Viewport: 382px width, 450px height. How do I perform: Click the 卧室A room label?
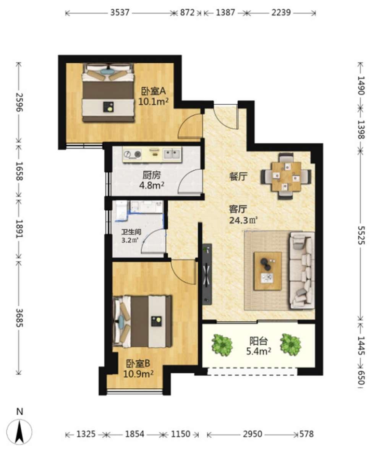[154, 91]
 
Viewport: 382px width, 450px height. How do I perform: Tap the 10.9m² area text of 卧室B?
[138, 374]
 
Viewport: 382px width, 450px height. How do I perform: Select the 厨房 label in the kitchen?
[152, 175]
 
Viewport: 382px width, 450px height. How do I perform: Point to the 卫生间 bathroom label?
[131, 232]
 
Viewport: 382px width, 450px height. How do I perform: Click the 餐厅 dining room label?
[238, 176]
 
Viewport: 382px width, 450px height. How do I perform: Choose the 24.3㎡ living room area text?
[243, 220]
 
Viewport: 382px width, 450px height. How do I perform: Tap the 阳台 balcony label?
[259, 341]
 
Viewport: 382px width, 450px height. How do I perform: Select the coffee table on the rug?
[267, 271]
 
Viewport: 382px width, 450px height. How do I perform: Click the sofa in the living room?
[302, 270]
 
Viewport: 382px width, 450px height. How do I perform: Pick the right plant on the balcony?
[291, 344]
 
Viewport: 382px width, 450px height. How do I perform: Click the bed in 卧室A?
[108, 92]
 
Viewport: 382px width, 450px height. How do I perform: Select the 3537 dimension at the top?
[120, 13]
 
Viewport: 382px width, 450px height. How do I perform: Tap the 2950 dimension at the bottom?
[253, 434]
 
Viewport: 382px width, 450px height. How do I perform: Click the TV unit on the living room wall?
[207, 274]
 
